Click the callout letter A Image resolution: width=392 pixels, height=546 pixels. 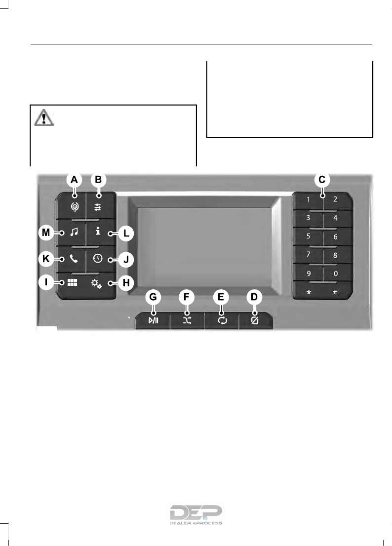74,180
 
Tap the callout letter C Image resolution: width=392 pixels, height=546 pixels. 321,180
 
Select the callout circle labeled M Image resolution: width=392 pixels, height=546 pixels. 46,232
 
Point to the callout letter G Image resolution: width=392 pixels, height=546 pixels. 154,297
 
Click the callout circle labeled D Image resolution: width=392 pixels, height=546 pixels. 255,297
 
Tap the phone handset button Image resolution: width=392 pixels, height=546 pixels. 73,259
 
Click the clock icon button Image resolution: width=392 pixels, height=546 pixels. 97,259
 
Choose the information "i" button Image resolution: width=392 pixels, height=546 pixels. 97,232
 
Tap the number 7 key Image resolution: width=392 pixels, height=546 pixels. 308,255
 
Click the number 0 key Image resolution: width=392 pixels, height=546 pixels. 335,272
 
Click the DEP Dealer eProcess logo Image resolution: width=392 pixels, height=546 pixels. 196,515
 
